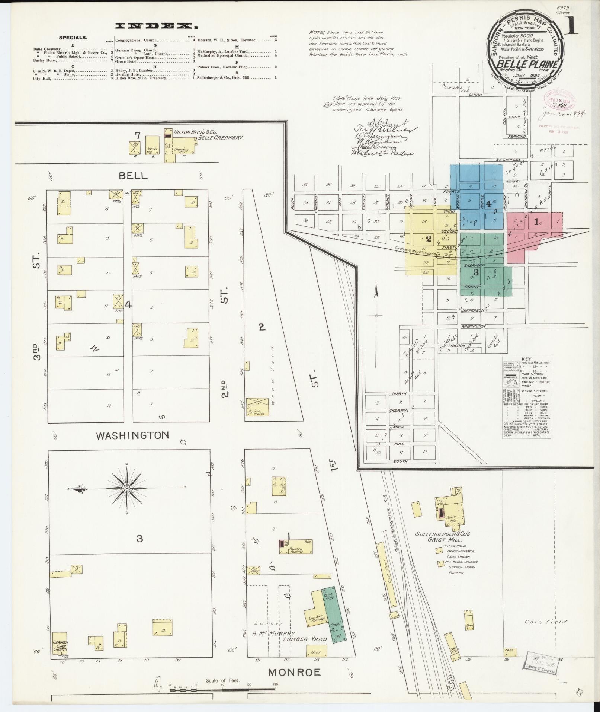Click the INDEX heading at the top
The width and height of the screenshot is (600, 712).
(156, 26)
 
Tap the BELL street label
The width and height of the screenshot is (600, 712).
(133, 176)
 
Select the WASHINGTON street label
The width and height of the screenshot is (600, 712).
(132, 435)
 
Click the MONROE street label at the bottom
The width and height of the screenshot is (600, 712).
(294, 672)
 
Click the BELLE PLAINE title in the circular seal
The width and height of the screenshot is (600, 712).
(526, 64)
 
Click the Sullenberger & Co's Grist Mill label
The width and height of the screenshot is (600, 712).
(443, 536)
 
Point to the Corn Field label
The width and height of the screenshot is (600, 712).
(545, 622)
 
